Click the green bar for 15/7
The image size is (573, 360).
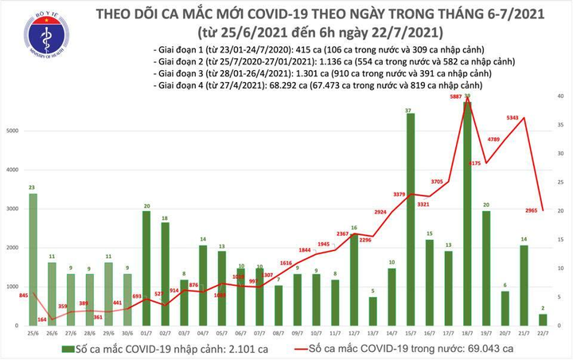(x=410, y=220)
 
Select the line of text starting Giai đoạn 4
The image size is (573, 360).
(x=324, y=84)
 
